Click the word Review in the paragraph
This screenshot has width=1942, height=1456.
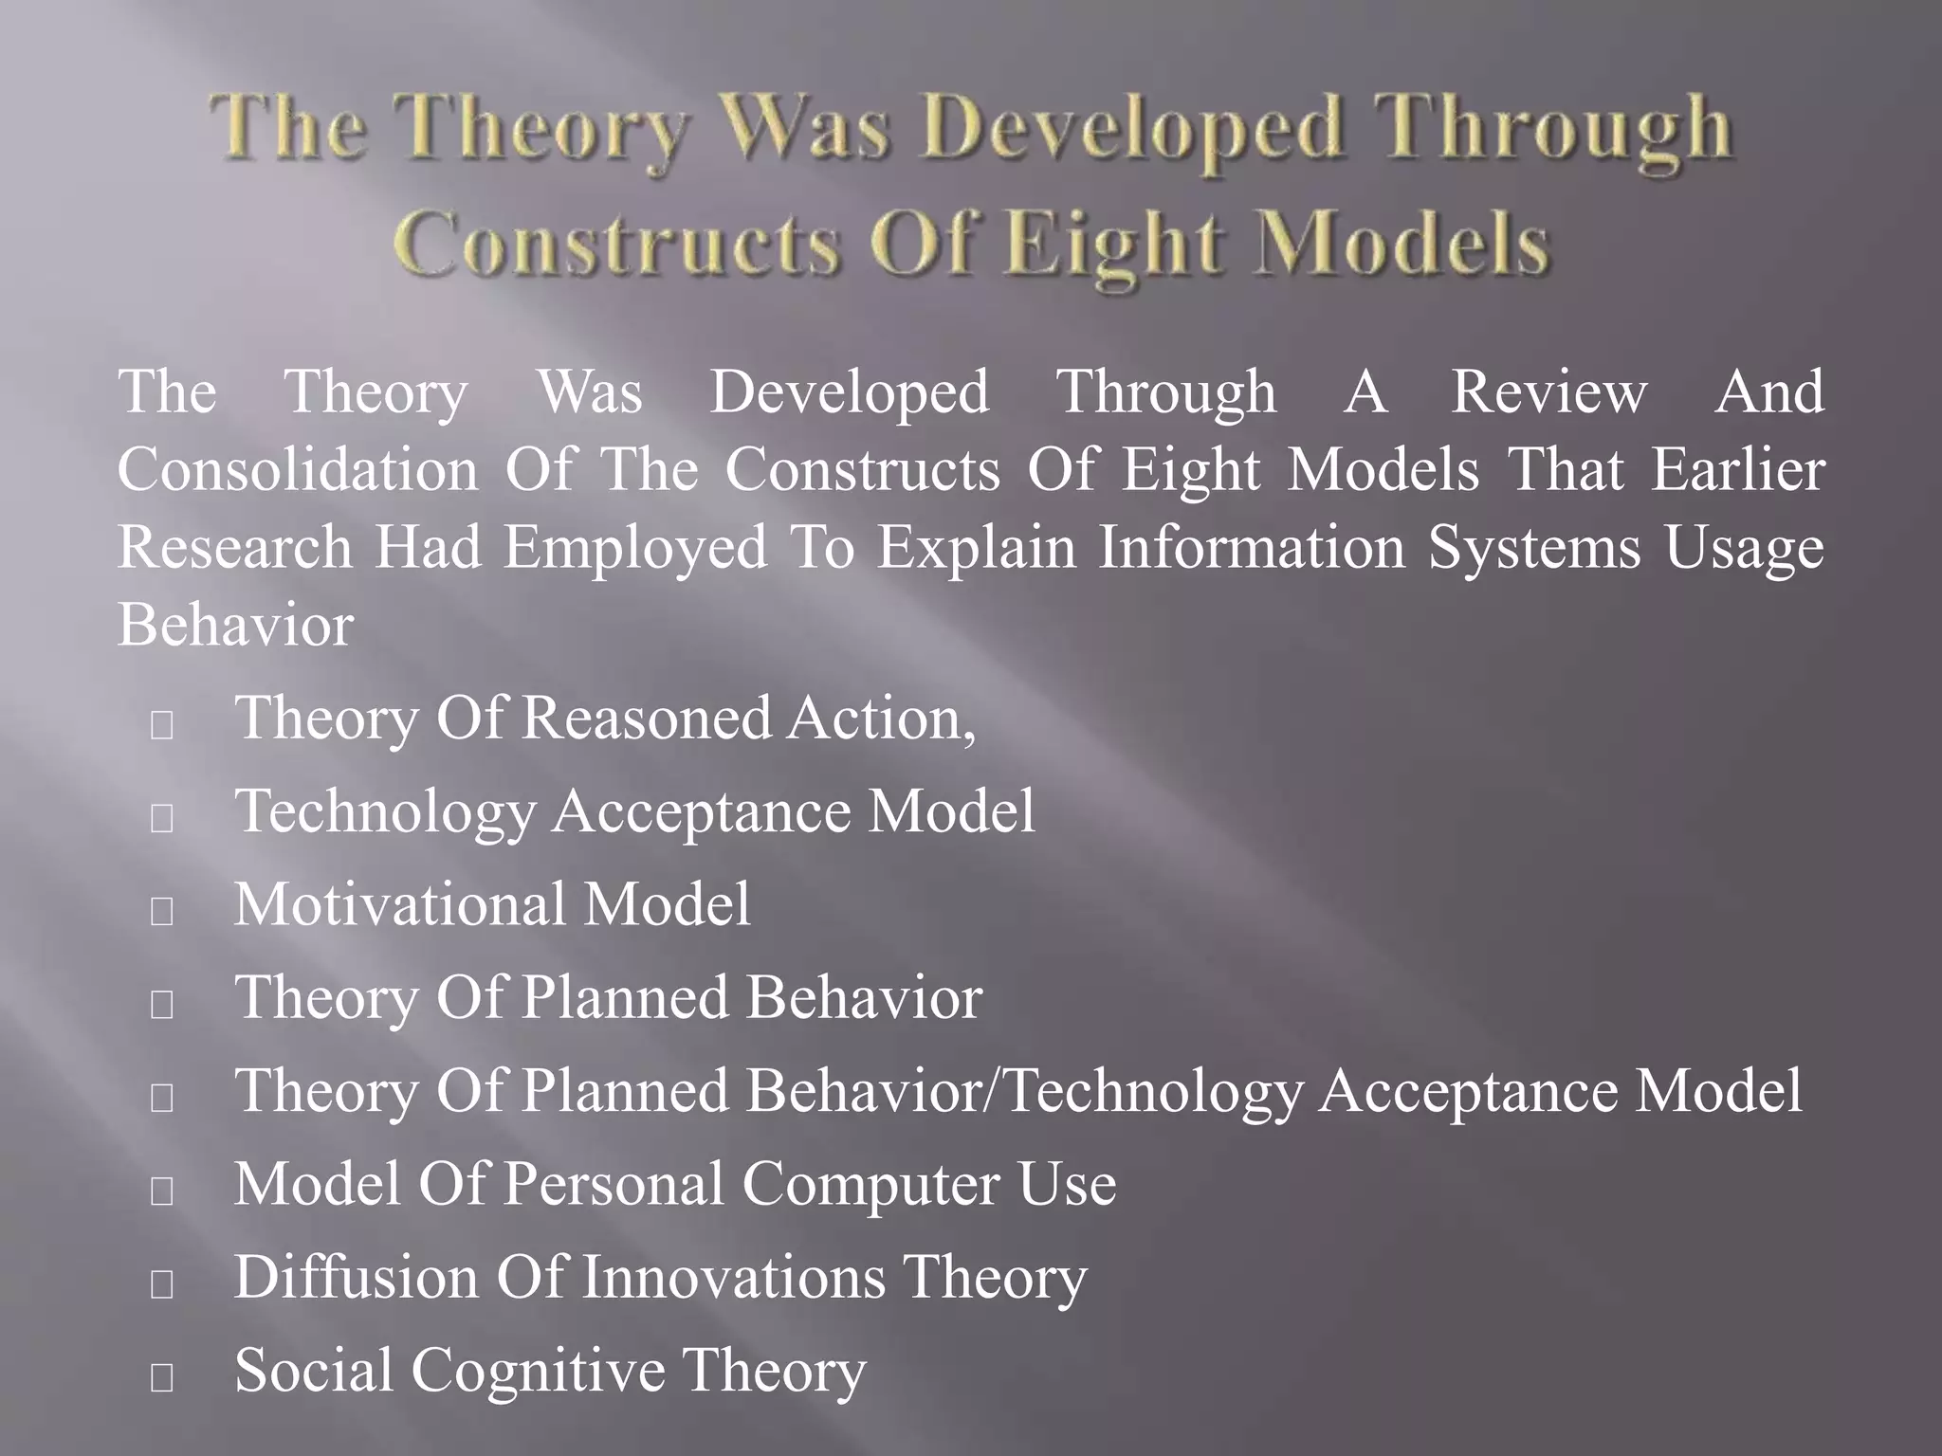click(x=1548, y=391)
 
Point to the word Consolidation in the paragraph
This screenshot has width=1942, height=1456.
click(x=298, y=469)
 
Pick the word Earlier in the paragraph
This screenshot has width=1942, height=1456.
click(x=1737, y=469)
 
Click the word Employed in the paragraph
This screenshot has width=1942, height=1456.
click(x=634, y=548)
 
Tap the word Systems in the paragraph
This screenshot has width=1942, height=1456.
click(x=1533, y=548)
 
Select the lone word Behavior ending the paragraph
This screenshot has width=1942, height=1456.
click(x=235, y=626)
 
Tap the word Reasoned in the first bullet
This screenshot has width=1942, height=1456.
click(x=647, y=718)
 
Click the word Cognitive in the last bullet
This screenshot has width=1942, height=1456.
click(x=537, y=1371)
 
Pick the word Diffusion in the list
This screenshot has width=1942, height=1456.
click(x=356, y=1277)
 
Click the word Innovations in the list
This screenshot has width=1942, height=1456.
click(x=732, y=1277)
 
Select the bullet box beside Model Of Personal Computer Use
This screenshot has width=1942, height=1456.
click(x=162, y=1192)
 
